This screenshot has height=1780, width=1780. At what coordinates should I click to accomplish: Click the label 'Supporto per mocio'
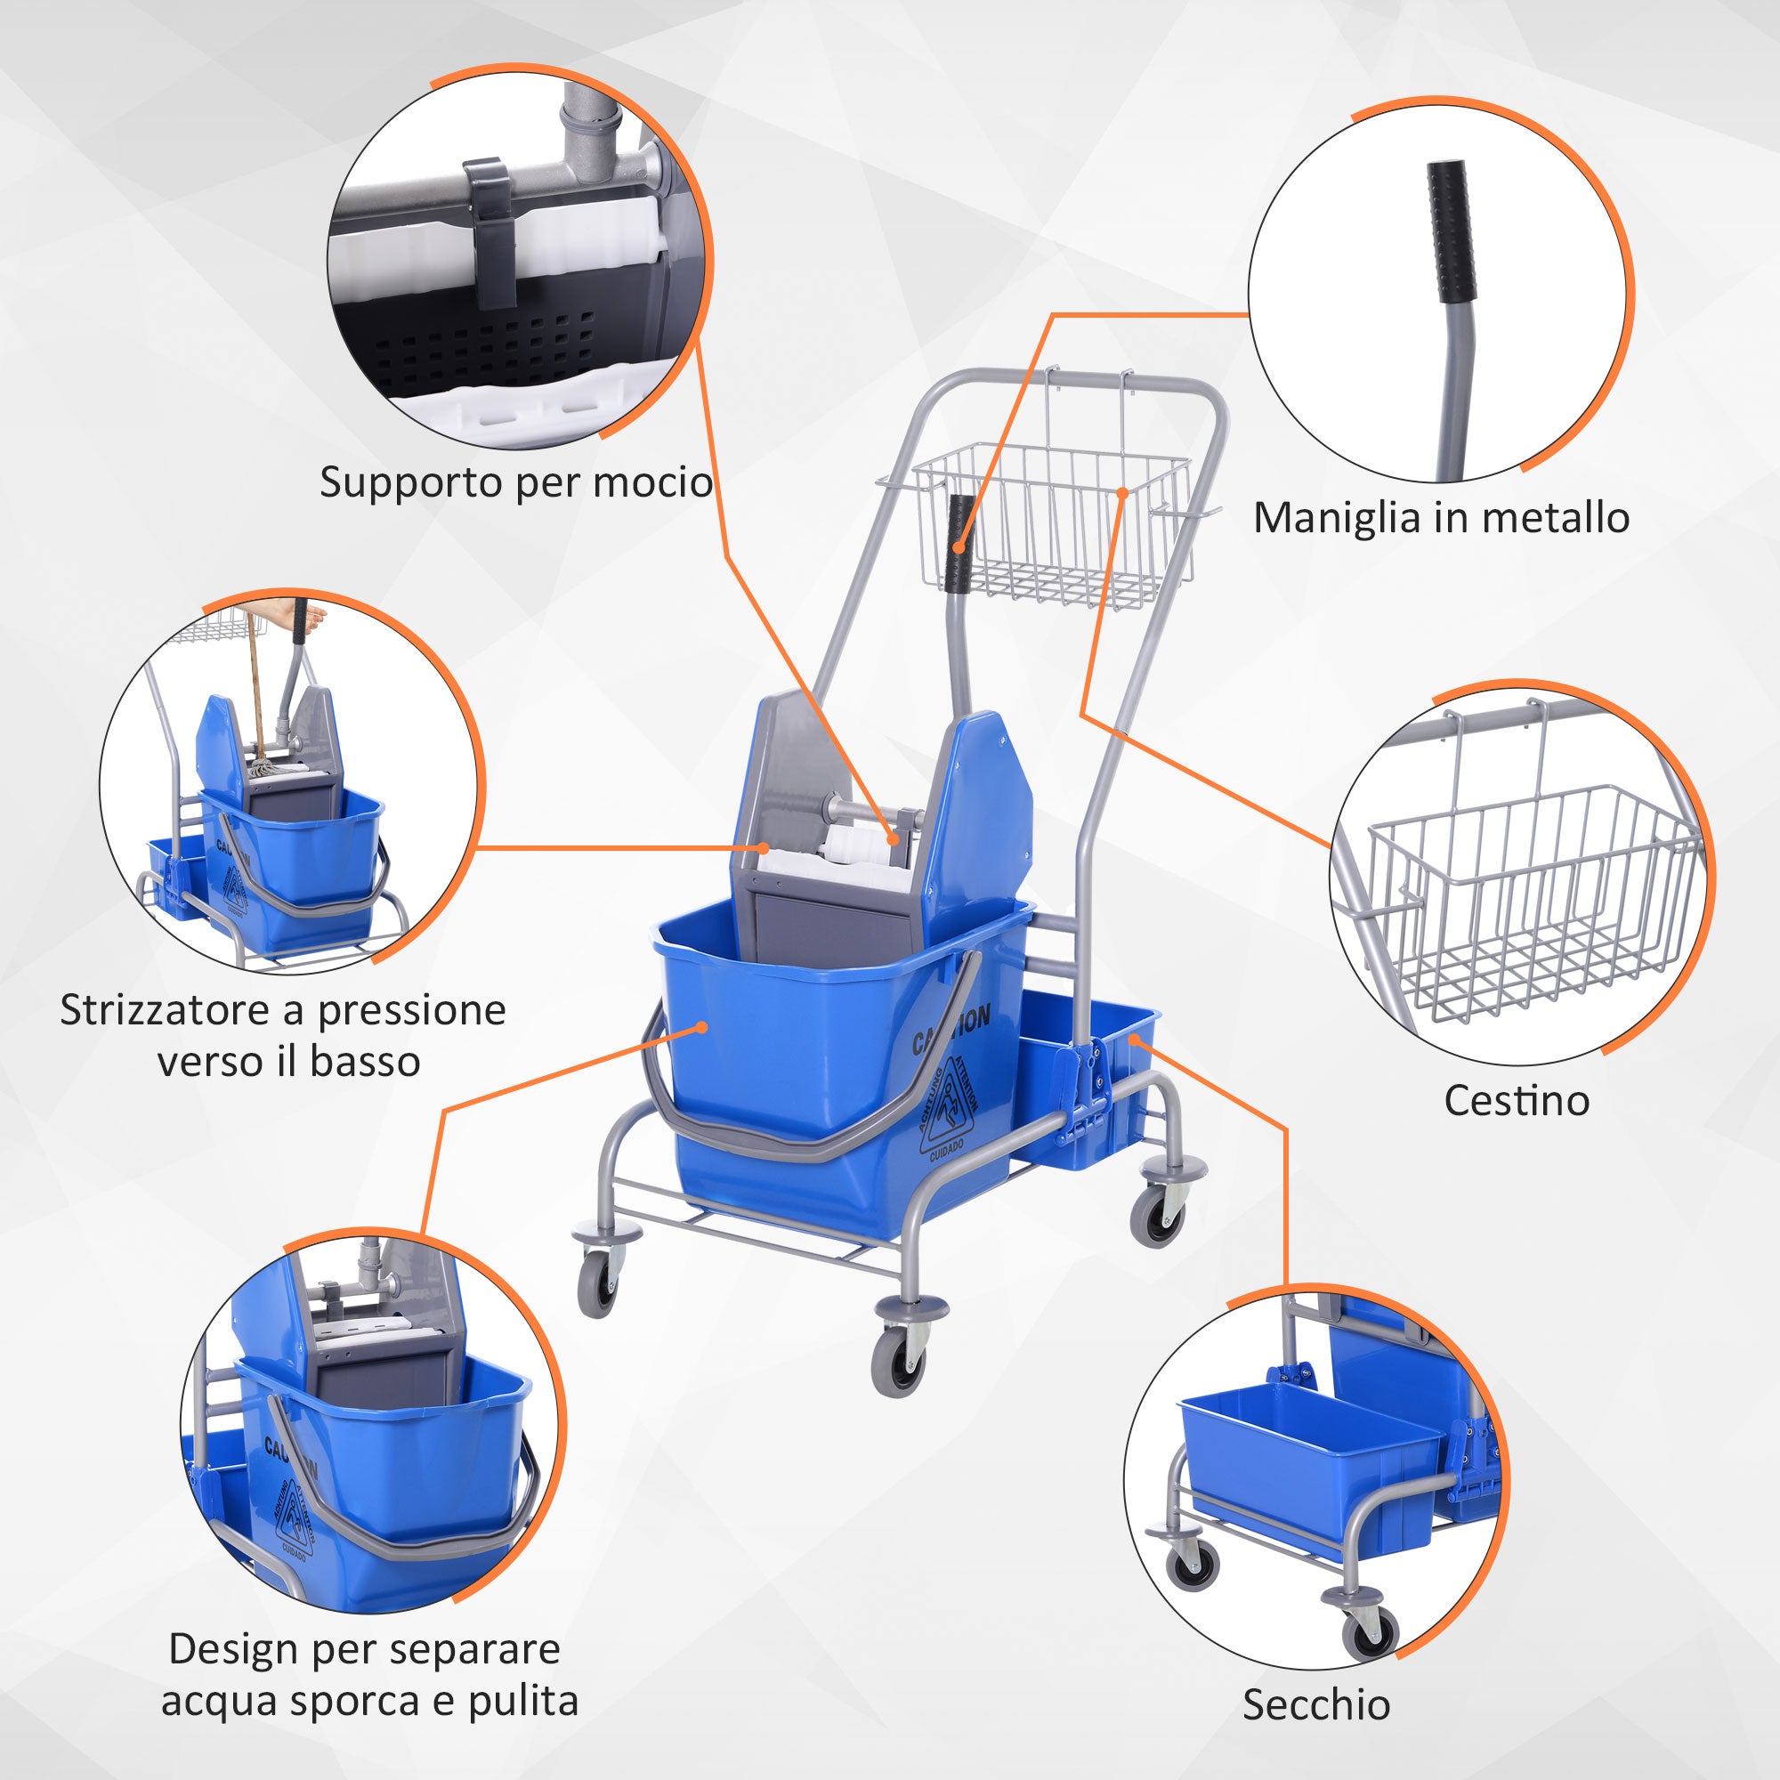click(516, 483)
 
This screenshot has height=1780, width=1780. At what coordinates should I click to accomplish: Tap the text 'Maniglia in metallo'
click(1441, 518)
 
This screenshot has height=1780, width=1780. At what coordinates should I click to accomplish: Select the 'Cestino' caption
click(1517, 1100)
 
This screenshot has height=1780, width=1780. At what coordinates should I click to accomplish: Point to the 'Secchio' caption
click(1316, 1704)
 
